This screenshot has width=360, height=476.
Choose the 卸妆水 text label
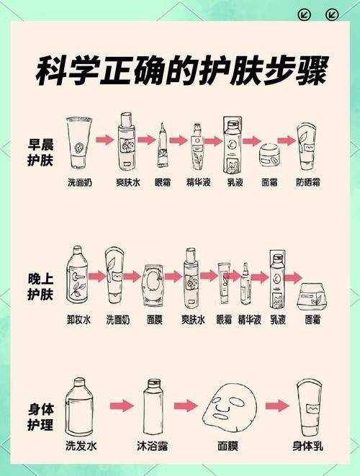(x=78, y=319)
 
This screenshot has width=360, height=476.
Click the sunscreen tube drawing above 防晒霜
(x=307, y=147)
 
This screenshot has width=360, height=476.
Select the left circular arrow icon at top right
(x=305, y=14)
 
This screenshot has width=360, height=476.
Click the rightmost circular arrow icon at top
(x=332, y=14)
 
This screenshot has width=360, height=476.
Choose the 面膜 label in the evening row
(x=154, y=319)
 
